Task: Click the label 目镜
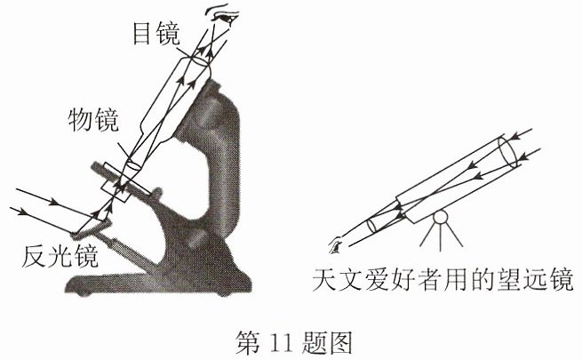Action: (156, 34)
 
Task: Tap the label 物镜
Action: (93, 119)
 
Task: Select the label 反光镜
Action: (60, 256)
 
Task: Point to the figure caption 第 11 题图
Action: (293, 342)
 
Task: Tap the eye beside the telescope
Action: (335, 245)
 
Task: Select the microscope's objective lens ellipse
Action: (133, 164)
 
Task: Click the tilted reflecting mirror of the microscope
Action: (91, 228)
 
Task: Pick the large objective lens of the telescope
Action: (507, 153)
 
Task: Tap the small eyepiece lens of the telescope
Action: (371, 226)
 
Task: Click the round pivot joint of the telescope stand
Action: (441, 217)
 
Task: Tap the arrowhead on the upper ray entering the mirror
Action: (54, 203)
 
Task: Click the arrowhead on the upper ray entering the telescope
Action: (515, 137)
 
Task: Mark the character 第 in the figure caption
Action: (248, 342)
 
